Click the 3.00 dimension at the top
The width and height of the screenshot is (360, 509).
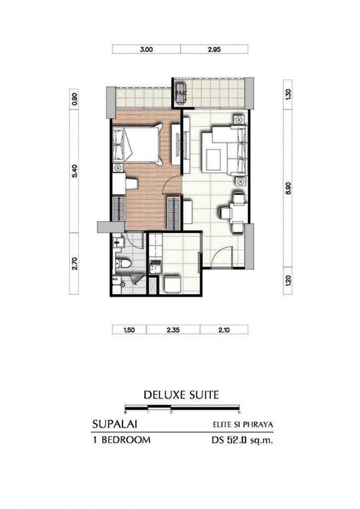pos(146,49)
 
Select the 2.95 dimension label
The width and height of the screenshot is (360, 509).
pos(214,49)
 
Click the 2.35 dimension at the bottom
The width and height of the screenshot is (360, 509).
pos(173,329)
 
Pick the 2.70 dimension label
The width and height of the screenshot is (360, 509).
pos(75,263)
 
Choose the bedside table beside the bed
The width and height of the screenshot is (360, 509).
pos(118,168)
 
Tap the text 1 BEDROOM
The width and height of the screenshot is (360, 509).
pos(121,440)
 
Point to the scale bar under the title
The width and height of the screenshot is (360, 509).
pos(182,408)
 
